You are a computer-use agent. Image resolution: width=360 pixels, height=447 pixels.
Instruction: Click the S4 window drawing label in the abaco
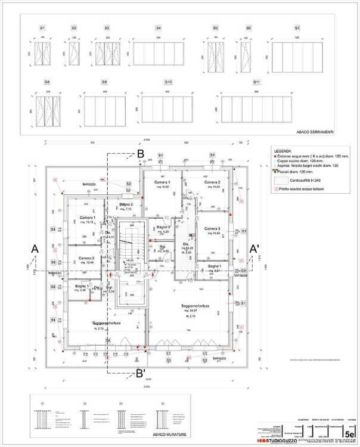point(159,28)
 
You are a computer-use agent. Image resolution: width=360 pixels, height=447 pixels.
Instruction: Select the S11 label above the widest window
point(256,82)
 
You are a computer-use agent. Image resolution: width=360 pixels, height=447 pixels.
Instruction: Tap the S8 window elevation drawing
point(48,111)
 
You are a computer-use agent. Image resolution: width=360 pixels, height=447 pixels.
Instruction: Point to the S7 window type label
point(297,28)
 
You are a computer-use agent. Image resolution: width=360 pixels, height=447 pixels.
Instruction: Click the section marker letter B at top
point(141,154)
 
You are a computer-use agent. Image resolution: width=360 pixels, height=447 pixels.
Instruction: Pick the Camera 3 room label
point(212,229)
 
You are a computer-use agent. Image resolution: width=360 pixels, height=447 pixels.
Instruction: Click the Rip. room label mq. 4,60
point(162,249)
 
